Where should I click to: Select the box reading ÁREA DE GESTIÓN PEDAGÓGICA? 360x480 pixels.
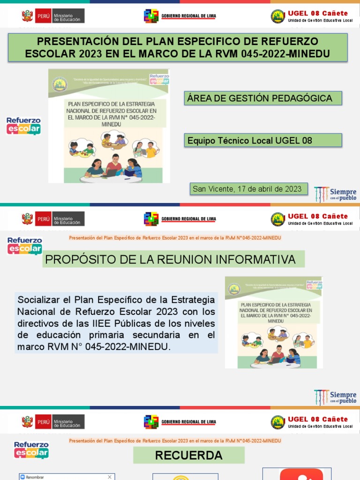tap(262, 98)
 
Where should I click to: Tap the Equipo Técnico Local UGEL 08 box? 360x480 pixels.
tap(262, 140)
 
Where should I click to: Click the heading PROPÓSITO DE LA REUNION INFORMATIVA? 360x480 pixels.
tap(173, 259)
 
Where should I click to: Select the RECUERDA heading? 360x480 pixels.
tap(188, 455)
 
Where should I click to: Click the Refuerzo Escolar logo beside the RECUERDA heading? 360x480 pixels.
tap(31, 450)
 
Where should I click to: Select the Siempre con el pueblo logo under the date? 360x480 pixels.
tap(335, 194)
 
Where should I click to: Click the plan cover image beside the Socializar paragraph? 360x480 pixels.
tap(274, 322)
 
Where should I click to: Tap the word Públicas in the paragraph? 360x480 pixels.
tap(150, 323)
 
